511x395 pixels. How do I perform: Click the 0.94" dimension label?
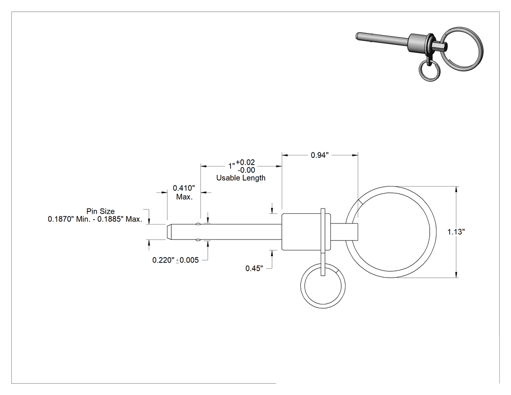pos(320,155)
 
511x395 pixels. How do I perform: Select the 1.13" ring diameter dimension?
pos(456,232)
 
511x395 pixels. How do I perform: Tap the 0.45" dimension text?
pos(254,268)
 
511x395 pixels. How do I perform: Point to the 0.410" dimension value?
pos(184,188)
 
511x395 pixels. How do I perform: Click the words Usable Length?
pos(241,178)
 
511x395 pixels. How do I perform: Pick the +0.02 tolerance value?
pos(245,162)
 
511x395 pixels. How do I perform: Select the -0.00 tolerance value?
pos(246,170)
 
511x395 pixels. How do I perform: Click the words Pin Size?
pos(100,211)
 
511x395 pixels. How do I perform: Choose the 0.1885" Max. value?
pos(120,219)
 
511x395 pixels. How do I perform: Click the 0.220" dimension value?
pos(164,260)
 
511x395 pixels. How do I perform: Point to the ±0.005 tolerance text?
pos(187,260)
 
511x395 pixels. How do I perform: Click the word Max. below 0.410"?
pos(184,197)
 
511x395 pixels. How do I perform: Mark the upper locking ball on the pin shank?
pos(198,224)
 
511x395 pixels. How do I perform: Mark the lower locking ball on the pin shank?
pos(198,241)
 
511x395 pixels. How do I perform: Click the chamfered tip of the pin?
pos(169,232)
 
